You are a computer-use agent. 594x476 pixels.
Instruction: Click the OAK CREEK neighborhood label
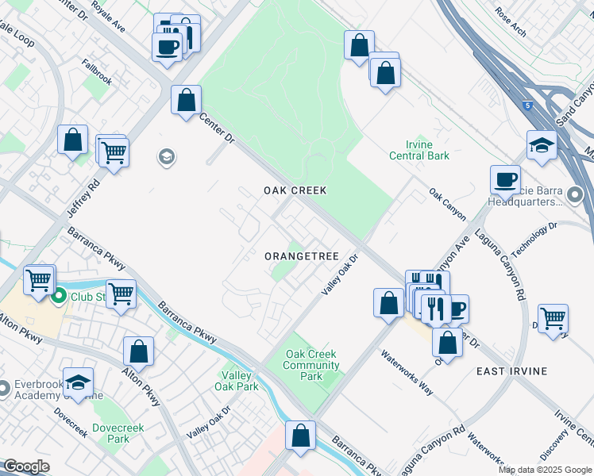(295, 191)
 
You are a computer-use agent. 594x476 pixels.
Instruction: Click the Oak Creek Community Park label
(311, 366)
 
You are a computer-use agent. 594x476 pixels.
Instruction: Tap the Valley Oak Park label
(236, 381)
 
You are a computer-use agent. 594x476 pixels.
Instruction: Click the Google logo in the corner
(26, 466)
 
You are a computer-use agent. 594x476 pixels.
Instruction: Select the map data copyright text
(545, 470)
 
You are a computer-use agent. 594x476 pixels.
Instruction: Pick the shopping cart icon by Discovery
(553, 319)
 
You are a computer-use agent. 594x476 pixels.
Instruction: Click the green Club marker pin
(59, 297)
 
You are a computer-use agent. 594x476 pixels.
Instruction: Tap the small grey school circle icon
(166, 156)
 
